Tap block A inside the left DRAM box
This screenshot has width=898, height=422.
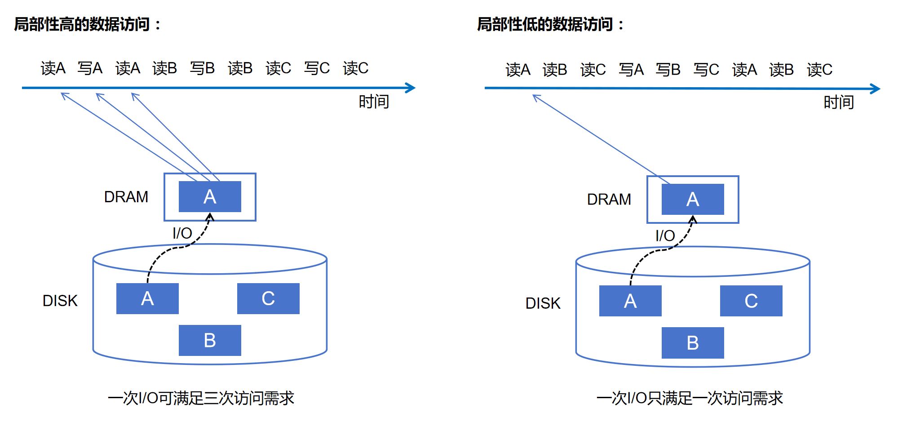click(210, 197)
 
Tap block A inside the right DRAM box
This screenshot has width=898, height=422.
click(693, 199)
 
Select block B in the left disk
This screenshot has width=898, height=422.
click(210, 341)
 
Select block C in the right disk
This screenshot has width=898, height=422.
click(751, 301)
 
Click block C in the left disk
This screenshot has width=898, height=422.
click(268, 298)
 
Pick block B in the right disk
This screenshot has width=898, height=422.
click(693, 343)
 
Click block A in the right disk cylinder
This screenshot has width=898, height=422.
click(630, 301)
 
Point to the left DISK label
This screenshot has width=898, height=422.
click(60, 301)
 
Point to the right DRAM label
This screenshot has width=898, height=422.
click(609, 199)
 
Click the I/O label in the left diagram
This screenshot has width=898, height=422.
click(182, 233)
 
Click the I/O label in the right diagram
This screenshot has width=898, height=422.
click(665, 235)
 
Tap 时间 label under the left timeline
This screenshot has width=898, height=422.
click(373, 102)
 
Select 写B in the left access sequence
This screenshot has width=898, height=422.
click(202, 68)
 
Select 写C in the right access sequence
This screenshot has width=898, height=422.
click(706, 70)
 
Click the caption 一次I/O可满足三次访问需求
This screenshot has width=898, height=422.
click(201, 398)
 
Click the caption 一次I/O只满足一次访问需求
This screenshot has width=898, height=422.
click(690, 398)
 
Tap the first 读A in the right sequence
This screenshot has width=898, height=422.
click(518, 70)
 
